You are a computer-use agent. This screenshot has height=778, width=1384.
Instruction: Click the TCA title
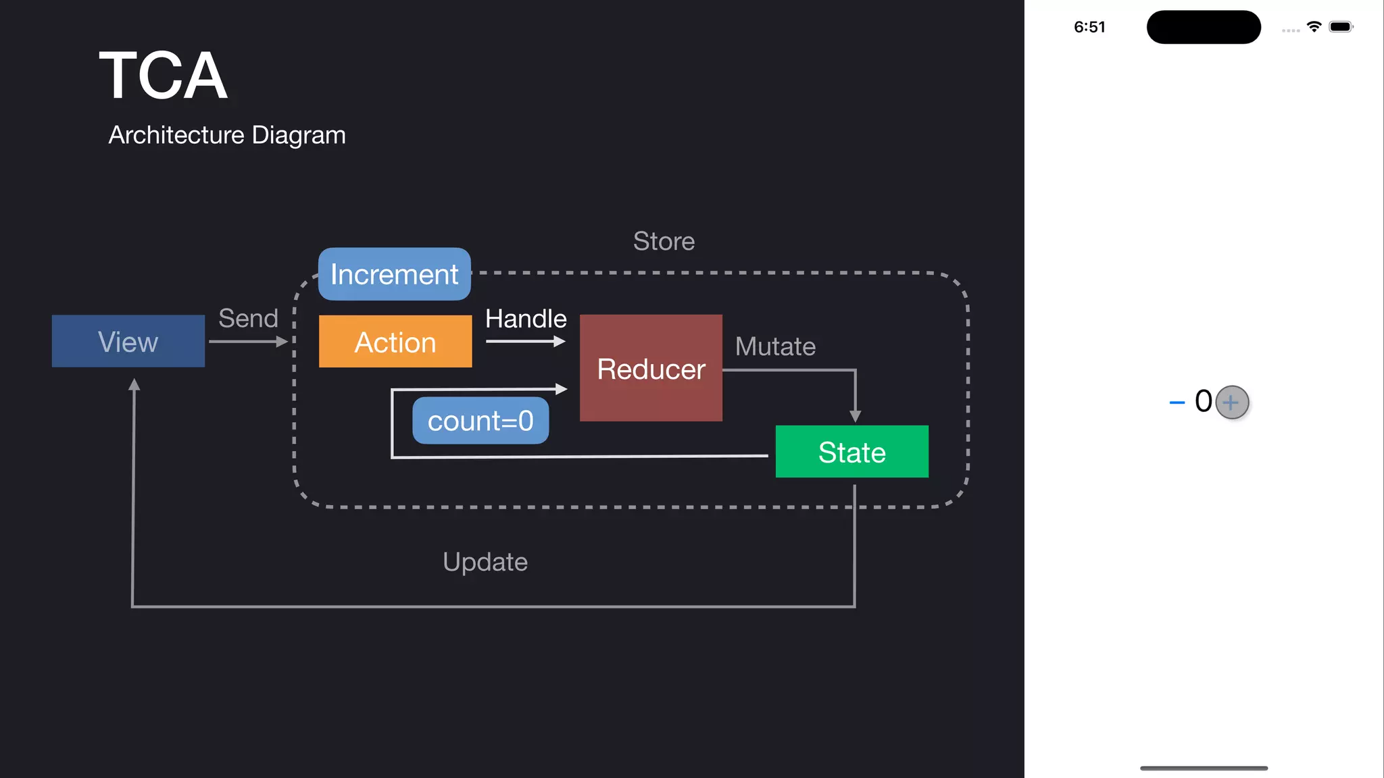(x=163, y=76)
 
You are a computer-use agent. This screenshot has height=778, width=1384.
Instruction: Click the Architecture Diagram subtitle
(x=227, y=135)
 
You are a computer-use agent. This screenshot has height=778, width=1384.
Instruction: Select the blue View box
(x=128, y=341)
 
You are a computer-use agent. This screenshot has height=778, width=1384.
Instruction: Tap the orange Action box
(x=395, y=342)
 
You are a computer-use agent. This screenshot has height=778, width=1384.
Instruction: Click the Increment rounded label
(x=395, y=274)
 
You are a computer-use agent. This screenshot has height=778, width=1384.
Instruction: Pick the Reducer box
(x=651, y=368)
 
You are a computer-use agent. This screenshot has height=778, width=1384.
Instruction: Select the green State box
(x=851, y=452)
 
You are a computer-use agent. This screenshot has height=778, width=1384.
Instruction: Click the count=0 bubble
(x=480, y=421)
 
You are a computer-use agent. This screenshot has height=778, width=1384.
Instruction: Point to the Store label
(x=664, y=241)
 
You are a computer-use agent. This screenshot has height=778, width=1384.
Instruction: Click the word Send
(x=248, y=318)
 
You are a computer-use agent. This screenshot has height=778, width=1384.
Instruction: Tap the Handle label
(x=526, y=318)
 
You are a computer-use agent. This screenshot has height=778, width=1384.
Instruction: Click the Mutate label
(x=775, y=346)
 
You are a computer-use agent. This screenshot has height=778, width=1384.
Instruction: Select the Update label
(x=485, y=562)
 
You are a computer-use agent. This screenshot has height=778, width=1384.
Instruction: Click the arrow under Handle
(x=525, y=342)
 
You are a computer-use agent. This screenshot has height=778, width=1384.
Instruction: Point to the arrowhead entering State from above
(x=855, y=416)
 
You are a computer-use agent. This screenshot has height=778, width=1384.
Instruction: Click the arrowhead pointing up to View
(x=134, y=385)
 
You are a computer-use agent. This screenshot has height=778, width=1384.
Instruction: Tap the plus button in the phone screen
(x=1231, y=403)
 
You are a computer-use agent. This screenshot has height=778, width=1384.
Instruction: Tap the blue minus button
(x=1177, y=403)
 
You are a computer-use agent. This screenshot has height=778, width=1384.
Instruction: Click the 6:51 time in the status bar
(x=1089, y=27)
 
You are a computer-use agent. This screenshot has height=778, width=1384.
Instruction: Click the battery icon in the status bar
(x=1340, y=27)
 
